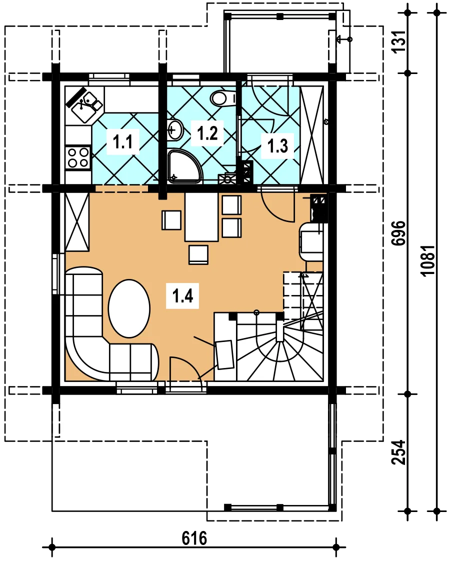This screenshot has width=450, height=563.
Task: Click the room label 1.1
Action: point(123,142)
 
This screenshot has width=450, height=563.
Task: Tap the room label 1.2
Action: point(207,133)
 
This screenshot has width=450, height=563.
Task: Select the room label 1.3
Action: point(277,146)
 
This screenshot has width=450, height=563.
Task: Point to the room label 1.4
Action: point(182,296)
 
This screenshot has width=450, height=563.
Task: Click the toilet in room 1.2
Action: point(222,98)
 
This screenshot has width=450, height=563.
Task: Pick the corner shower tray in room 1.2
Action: point(184,166)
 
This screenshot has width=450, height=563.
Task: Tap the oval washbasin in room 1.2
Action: point(175,130)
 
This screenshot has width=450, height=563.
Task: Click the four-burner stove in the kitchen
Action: point(78,157)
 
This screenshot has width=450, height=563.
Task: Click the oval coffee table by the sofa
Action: point(129,308)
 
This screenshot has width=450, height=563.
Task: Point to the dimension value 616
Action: point(194,538)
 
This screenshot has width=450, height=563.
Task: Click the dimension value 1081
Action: point(428,260)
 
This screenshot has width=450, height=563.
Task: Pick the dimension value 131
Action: point(399,41)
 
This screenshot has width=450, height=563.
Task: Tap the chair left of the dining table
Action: point(171,220)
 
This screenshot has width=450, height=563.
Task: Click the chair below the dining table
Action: point(198,255)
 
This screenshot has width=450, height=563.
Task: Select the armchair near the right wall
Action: point(311,241)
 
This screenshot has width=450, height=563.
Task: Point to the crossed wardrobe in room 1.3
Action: point(311,135)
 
